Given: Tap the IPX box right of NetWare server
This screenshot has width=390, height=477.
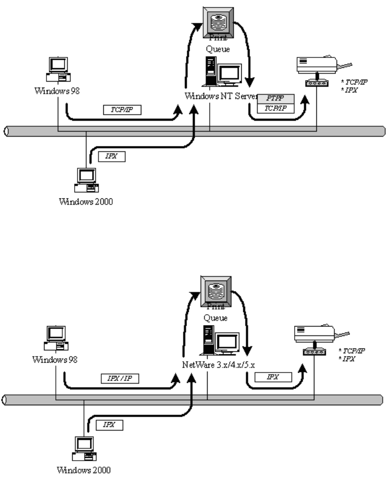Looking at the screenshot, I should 272,377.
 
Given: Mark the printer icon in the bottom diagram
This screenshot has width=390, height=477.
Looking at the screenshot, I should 318,333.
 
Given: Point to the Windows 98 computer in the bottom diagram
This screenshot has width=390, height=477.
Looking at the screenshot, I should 56,336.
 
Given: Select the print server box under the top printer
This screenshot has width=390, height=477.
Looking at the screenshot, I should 314,83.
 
